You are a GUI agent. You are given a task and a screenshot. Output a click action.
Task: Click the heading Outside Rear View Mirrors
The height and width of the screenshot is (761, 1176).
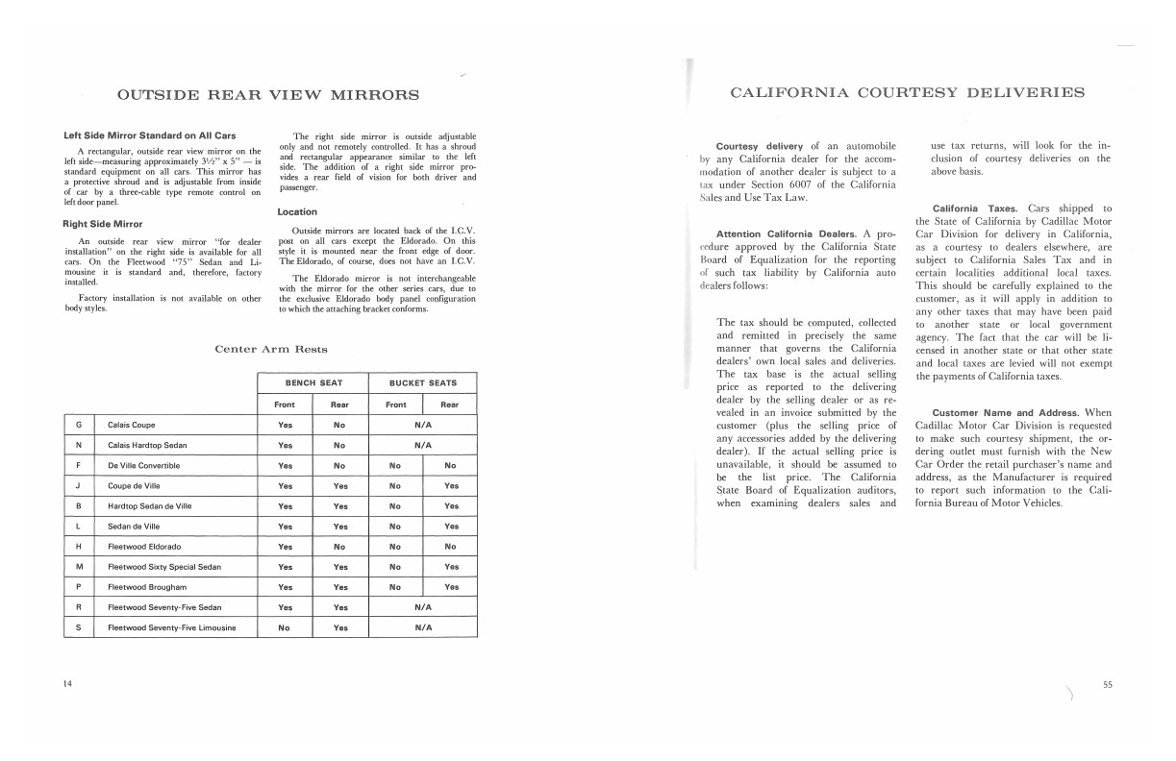point(267,94)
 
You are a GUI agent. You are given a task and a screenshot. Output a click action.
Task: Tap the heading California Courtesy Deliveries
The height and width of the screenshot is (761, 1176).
point(908,93)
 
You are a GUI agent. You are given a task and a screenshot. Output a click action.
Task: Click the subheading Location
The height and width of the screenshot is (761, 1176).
point(297,211)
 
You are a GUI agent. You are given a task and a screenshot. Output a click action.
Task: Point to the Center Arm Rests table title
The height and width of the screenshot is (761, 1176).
point(270,349)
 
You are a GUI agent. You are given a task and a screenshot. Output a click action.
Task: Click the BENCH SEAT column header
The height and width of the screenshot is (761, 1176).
point(313,382)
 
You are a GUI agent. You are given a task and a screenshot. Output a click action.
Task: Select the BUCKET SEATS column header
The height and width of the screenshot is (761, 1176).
point(423,382)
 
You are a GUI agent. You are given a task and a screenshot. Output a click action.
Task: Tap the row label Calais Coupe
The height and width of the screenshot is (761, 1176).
point(132,425)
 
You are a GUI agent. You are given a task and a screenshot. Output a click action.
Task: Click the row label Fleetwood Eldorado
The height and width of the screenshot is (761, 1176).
point(144,547)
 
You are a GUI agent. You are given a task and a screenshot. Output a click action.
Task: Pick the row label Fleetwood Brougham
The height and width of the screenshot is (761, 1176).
point(147,587)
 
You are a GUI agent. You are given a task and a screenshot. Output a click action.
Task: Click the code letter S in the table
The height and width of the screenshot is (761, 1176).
point(78,627)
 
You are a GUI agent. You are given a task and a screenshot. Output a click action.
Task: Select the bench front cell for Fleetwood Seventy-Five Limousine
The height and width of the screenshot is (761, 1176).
point(285,627)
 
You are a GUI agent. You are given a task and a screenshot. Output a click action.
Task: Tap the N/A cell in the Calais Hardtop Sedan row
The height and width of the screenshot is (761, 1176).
point(423,445)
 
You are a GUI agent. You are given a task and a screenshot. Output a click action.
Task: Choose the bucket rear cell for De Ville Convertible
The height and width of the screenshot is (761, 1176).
point(450,466)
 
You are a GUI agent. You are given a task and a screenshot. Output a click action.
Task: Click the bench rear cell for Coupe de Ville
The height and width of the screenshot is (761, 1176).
point(339,486)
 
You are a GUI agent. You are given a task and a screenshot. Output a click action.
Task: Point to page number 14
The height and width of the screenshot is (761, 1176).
point(67,684)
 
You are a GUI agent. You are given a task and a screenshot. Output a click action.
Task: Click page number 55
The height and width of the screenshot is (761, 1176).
point(1108,684)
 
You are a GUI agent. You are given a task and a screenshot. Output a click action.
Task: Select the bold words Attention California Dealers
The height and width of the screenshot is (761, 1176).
point(788,234)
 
